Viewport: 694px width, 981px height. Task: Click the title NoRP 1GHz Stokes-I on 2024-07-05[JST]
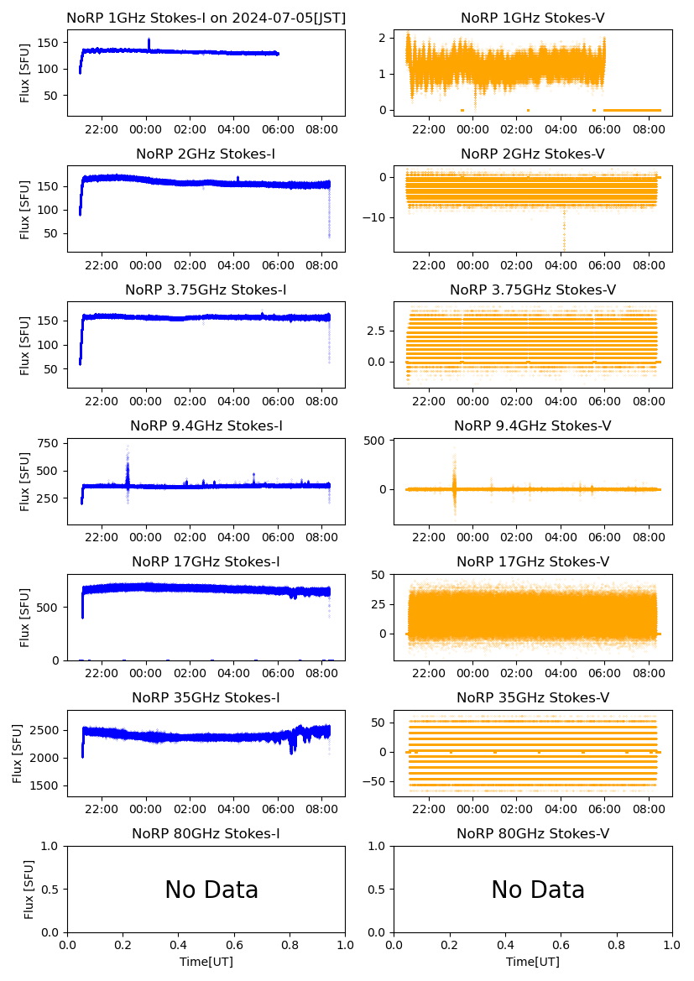click(206, 18)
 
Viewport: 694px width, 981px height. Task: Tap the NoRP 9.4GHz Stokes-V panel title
click(533, 425)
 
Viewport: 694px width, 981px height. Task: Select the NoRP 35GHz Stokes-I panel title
click(206, 697)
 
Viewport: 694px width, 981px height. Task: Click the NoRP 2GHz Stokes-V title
click(533, 154)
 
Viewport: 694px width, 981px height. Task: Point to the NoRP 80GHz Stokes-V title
click(533, 833)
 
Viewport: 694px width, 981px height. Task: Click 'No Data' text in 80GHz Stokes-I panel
click(211, 890)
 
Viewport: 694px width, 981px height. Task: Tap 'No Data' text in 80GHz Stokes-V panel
click(538, 890)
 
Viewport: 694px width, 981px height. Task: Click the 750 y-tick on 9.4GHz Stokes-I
click(48, 443)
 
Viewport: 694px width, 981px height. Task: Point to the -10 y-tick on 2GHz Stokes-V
click(376, 217)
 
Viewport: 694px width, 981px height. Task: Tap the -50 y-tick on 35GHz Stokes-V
click(376, 781)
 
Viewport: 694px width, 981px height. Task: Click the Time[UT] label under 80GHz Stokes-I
click(206, 962)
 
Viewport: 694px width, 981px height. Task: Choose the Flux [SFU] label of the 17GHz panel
click(25, 617)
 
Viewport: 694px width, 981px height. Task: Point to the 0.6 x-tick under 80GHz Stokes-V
click(561, 946)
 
